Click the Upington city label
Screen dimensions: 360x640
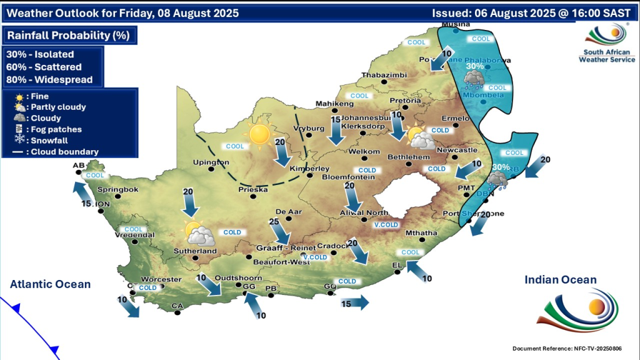tap(211, 162)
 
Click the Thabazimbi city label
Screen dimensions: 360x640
tap(384, 75)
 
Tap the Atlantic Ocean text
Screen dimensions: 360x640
tap(50, 284)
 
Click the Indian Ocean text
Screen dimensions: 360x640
tap(561, 280)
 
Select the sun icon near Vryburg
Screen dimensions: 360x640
tap(259, 134)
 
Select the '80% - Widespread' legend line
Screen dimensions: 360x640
tap(49, 79)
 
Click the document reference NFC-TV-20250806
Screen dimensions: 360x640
tap(570, 348)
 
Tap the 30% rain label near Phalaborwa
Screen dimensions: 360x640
tap(474, 66)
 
